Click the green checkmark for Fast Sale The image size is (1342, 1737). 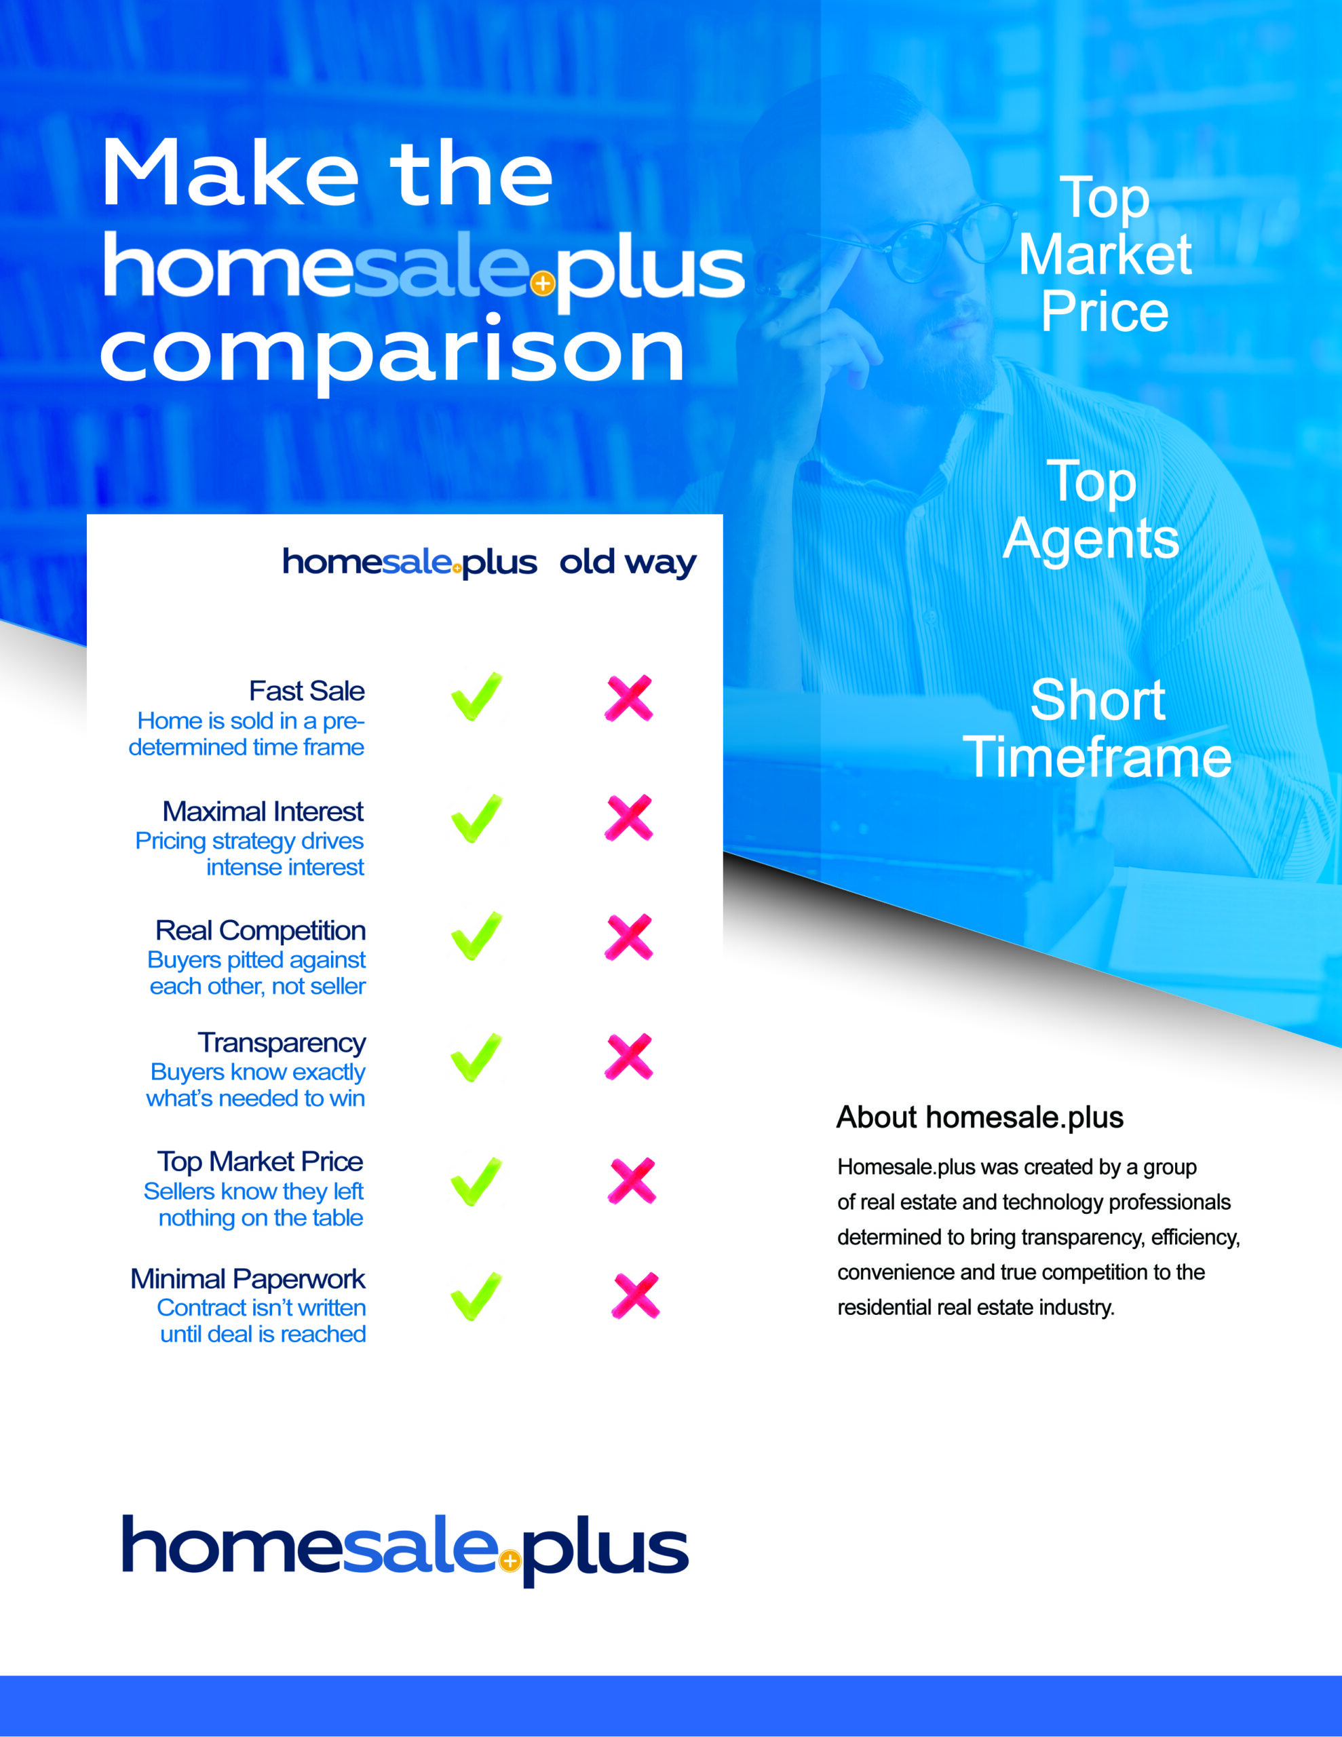(x=476, y=697)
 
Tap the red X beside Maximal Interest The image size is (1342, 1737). (x=628, y=818)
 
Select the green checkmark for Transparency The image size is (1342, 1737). (x=476, y=1058)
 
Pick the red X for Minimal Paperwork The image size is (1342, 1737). (x=636, y=1295)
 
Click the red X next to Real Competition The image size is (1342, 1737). (x=628, y=938)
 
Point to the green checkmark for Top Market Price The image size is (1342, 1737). (x=476, y=1182)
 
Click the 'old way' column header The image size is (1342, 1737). (x=628, y=563)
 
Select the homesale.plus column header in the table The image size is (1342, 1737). (x=410, y=563)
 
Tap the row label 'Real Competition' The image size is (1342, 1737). (x=260, y=930)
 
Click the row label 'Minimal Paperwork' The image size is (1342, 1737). (x=248, y=1279)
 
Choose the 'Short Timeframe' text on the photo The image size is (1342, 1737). (x=1097, y=729)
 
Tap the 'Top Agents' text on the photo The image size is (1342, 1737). (x=1090, y=510)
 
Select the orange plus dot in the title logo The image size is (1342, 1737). (x=543, y=283)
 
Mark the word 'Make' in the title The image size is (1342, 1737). (x=231, y=174)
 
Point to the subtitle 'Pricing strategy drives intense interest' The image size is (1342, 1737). (x=250, y=854)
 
